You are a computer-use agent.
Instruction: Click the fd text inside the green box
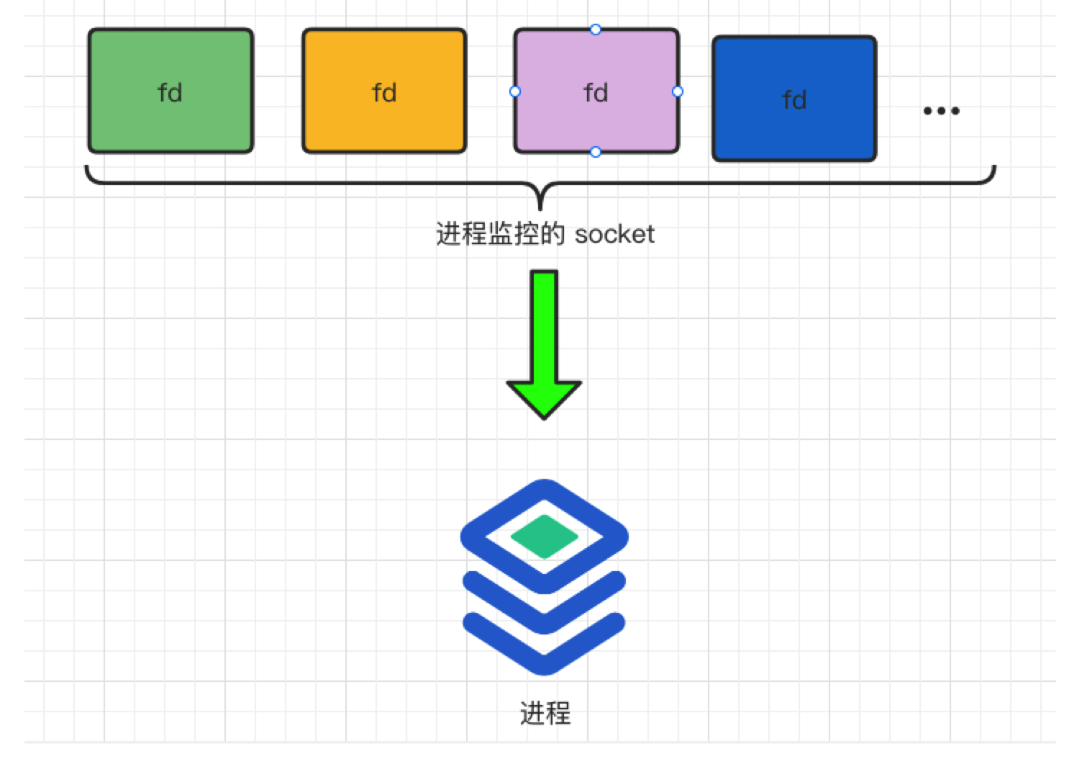(170, 93)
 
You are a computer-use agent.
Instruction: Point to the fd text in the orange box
(384, 93)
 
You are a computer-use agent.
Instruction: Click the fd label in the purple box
(596, 93)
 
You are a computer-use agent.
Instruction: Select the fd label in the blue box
(794, 100)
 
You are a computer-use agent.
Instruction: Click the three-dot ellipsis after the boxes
(941, 111)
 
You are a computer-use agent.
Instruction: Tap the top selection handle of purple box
(595, 30)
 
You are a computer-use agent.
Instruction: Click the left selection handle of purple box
(515, 91)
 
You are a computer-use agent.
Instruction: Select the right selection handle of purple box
(678, 91)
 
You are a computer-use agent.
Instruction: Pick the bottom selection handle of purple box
(595, 152)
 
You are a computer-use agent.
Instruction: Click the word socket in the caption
(614, 235)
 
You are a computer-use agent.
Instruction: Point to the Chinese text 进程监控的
(500, 235)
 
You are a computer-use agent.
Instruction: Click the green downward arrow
(544, 346)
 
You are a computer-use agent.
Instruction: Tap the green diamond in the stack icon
(545, 537)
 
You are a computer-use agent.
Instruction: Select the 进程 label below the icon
(545, 714)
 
